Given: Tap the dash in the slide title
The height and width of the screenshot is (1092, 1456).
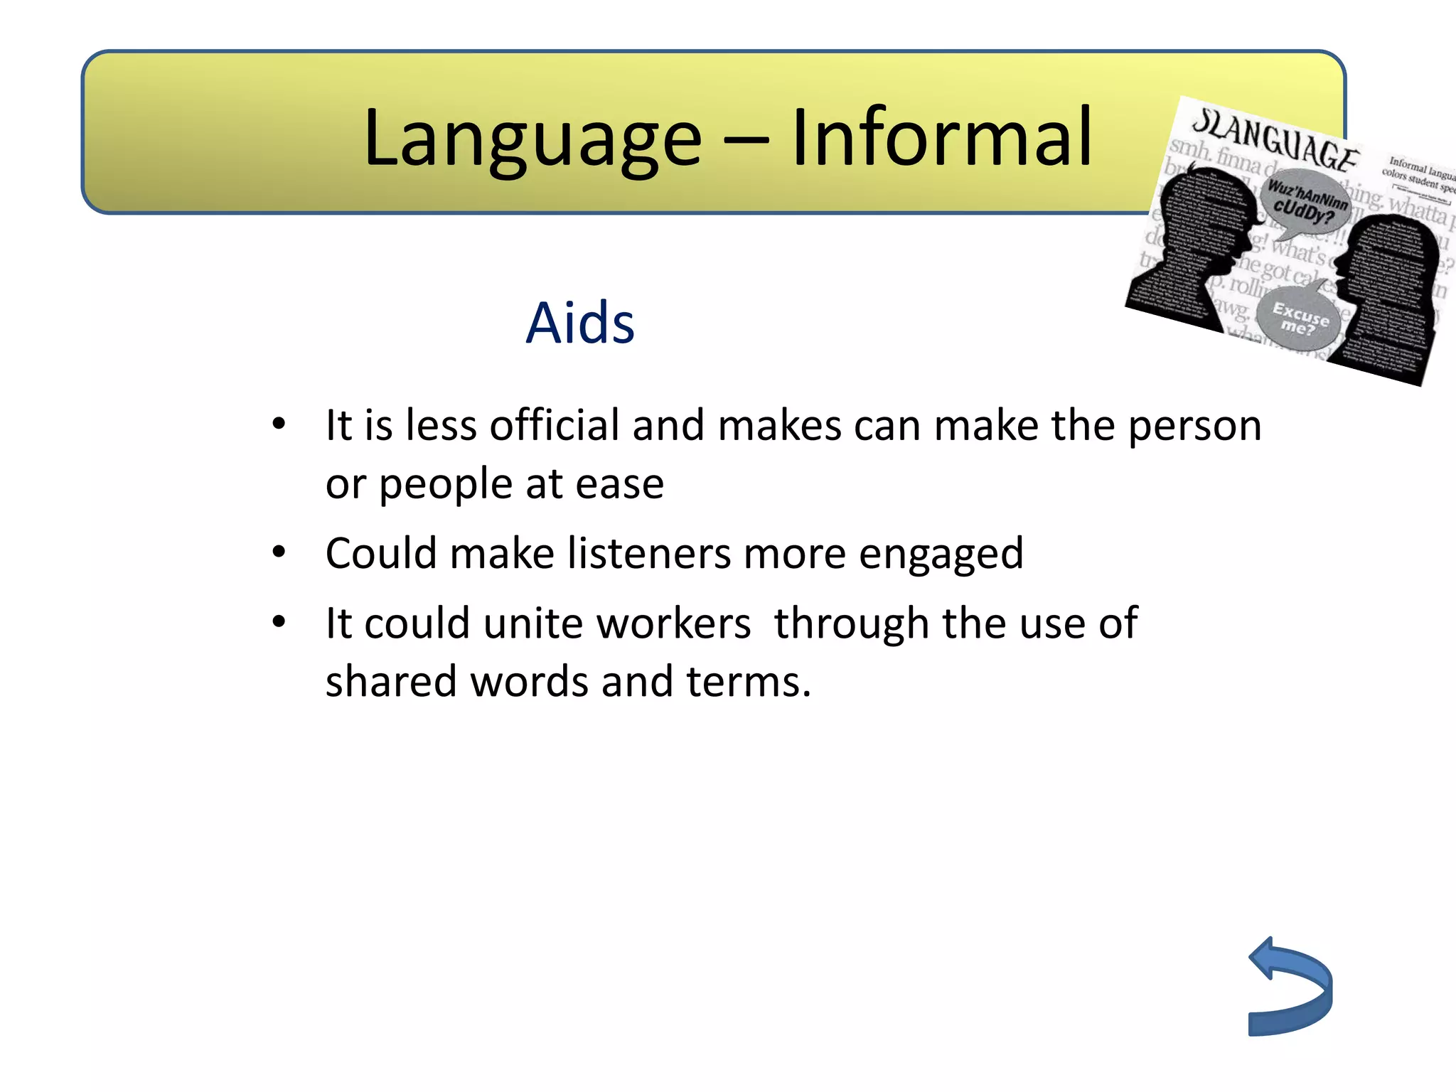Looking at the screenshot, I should pos(746,140).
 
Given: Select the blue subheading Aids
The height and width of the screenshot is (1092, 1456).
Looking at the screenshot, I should pos(579,323).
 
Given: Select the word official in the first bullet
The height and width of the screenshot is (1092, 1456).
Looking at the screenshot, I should pos(554,426).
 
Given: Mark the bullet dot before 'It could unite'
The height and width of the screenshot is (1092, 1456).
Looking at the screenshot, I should pos(279,622).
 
